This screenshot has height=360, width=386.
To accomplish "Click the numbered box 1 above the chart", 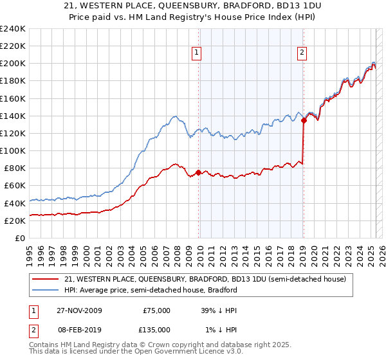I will [x=196, y=53].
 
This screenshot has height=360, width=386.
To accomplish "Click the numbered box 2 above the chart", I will [x=302, y=53].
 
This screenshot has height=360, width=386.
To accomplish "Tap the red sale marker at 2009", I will [x=198, y=173].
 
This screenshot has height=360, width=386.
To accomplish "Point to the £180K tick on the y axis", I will [x=14, y=81].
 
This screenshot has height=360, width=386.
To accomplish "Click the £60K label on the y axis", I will [x=16, y=186].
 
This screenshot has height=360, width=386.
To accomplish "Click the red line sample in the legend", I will [x=46, y=279].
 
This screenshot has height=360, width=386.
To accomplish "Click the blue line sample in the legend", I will [x=46, y=290].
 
